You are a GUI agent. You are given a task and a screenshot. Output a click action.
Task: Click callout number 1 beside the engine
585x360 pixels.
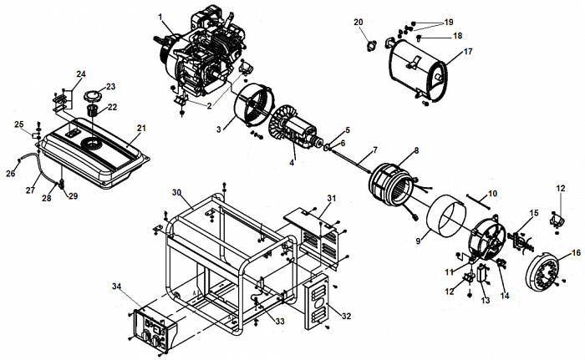coord(160,16)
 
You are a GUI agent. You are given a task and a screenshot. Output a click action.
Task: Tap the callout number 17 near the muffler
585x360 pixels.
coord(467,52)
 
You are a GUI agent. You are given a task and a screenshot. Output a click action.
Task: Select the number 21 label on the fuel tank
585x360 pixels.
coord(141,128)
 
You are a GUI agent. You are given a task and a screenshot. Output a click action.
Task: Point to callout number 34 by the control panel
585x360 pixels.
coord(116,286)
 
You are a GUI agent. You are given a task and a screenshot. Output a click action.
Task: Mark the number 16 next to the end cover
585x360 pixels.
coord(576,251)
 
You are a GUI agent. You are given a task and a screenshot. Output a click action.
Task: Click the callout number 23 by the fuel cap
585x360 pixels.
coord(110,86)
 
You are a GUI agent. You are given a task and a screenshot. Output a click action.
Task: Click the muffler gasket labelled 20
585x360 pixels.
coord(366,40)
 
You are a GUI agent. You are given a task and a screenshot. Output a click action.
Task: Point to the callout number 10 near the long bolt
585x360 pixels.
coord(492,193)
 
